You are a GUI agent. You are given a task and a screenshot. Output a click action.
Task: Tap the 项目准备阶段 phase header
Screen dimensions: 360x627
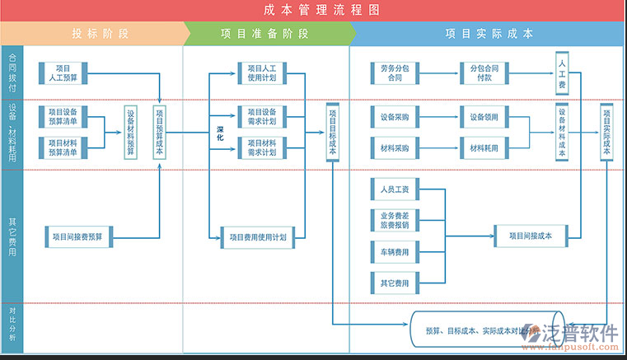264,34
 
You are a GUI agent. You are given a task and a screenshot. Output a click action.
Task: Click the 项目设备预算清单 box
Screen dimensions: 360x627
63,116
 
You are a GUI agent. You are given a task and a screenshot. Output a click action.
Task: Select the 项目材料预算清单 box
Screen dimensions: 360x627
63,147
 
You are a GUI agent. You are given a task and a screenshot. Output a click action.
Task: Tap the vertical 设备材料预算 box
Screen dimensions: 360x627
131,132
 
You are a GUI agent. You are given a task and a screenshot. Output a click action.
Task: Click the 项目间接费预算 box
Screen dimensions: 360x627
77,236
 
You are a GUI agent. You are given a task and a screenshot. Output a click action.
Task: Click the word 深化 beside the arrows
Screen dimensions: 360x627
220,133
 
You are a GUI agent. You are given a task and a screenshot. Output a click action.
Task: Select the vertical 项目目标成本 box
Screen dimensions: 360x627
332,132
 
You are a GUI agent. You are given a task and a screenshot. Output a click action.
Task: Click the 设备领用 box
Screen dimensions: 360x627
484,117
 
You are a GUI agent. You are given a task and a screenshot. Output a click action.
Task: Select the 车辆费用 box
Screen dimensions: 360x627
395,250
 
